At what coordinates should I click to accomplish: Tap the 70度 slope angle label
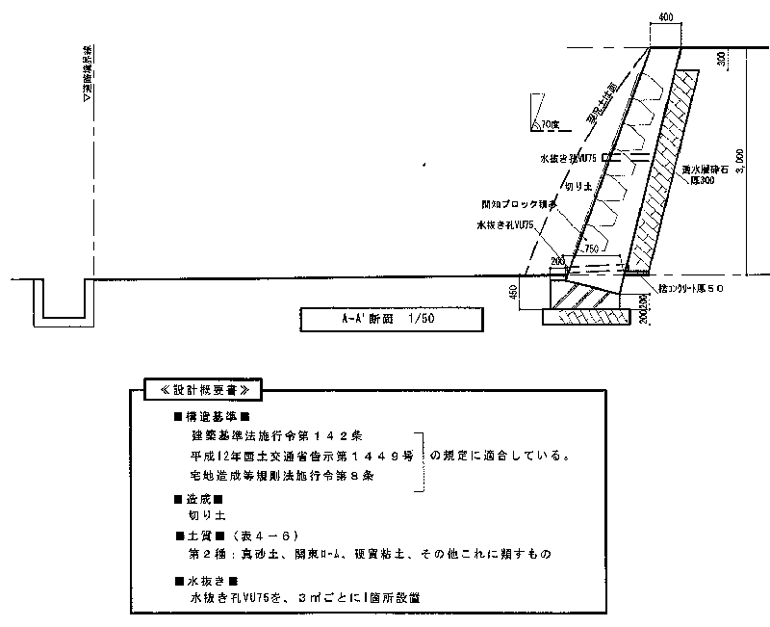pyautogui.click(x=550, y=124)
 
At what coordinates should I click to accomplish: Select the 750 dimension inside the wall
pyautogui.click(x=592, y=248)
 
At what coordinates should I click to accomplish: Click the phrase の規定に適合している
pyautogui.click(x=497, y=456)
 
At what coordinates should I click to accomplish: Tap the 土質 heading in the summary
pyautogui.click(x=199, y=534)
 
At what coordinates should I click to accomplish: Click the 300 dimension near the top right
pyautogui.click(x=722, y=60)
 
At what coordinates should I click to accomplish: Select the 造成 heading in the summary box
pyautogui.click(x=198, y=498)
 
